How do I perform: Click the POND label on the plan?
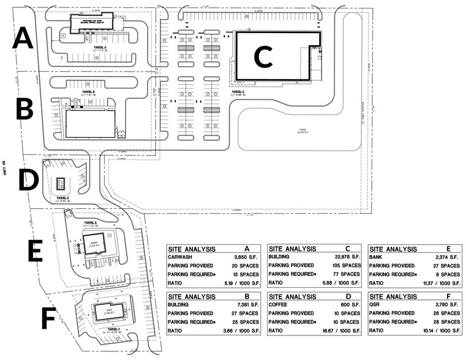point(301,130)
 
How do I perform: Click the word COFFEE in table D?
point(280,305)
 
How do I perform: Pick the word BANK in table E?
point(377,258)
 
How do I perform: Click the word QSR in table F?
point(376,305)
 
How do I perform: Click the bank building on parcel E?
point(94,244)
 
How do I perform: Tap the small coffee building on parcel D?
point(61,184)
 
